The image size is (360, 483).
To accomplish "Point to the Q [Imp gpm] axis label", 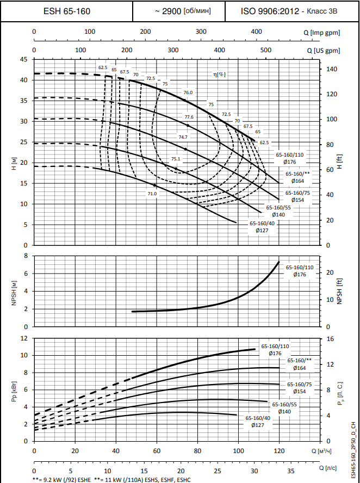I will [x=322, y=32].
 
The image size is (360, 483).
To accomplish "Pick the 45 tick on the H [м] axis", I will [x=23, y=59].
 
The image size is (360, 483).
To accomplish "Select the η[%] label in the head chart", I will [x=219, y=74].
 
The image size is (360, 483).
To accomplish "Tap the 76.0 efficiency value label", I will [x=188, y=92].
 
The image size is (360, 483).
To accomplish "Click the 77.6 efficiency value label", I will [x=189, y=117].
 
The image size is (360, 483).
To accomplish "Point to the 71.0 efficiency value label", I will [x=152, y=194].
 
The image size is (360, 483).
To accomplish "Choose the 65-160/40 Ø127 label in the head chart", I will [x=262, y=226].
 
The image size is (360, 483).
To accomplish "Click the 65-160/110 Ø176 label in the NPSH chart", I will [x=300, y=271].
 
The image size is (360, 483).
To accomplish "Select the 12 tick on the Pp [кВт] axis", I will [x=24, y=338].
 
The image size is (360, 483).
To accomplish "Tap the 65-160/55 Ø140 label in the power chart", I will [x=285, y=408].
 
